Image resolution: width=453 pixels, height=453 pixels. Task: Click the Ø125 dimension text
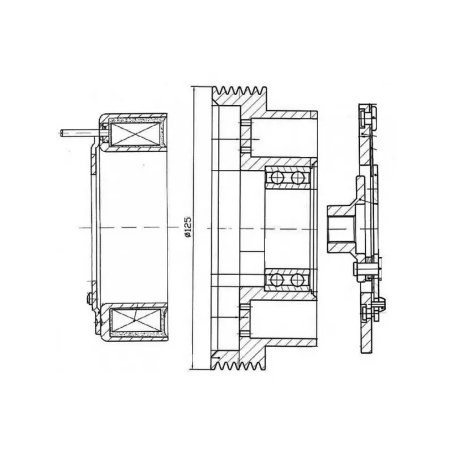(x=188, y=227)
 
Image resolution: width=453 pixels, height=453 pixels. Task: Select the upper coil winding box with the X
(x=134, y=134)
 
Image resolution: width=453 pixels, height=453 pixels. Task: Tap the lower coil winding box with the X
(x=135, y=320)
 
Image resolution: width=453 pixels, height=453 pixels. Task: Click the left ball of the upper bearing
(x=277, y=177)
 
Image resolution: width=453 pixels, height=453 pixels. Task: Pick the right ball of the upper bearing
(x=297, y=177)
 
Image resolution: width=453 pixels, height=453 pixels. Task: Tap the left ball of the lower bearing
(x=277, y=280)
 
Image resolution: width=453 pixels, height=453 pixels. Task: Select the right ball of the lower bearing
(x=297, y=280)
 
